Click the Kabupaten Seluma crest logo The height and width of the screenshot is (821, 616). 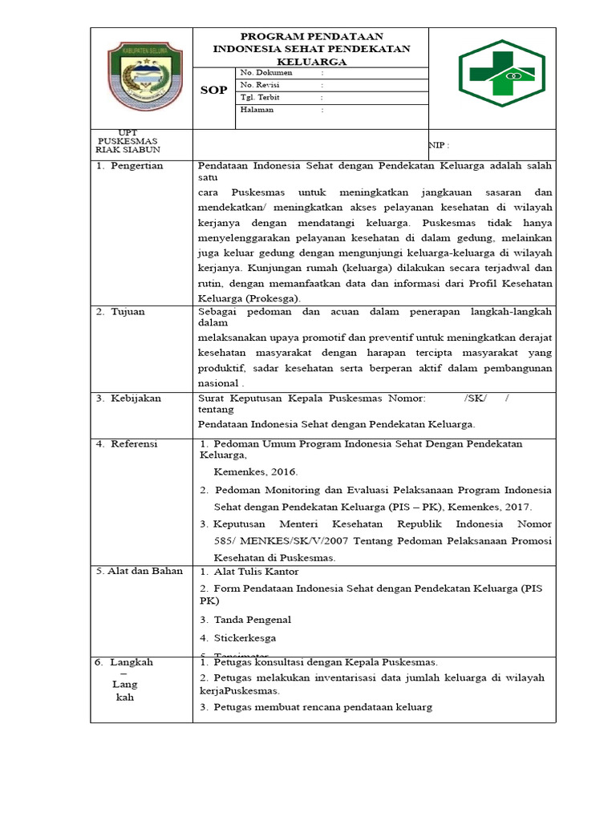(x=143, y=77)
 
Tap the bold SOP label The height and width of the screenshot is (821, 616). (x=213, y=91)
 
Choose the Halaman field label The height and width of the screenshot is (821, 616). (x=257, y=110)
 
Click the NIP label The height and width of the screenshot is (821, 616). (x=440, y=146)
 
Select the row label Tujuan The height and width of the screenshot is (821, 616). (x=128, y=312)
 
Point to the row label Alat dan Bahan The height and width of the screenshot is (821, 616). (x=140, y=571)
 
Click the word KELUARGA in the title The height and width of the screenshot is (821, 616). (x=311, y=61)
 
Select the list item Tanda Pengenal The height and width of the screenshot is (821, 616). (x=252, y=619)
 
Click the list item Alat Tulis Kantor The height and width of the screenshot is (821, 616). (x=255, y=572)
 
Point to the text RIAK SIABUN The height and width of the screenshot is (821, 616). (x=128, y=149)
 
